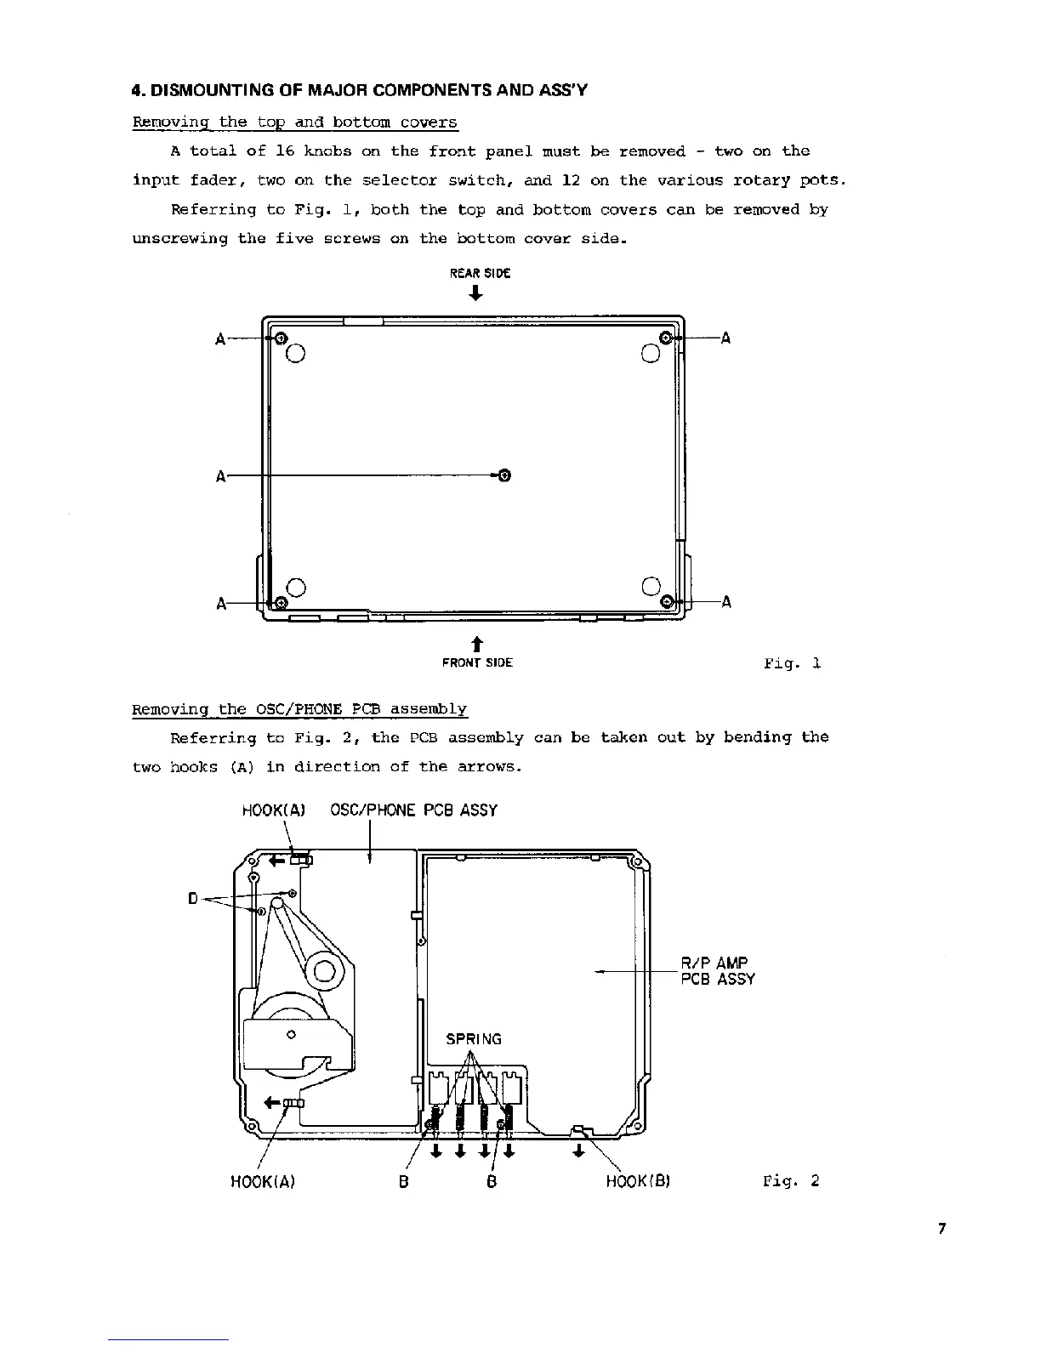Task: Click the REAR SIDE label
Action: point(480,273)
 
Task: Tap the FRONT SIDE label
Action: point(477,662)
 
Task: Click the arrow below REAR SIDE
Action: point(476,293)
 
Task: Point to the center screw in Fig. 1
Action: point(503,475)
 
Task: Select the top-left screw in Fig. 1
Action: point(282,338)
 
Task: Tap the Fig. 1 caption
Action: point(791,662)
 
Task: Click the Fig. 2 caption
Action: point(791,1180)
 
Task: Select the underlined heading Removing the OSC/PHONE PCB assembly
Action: point(299,709)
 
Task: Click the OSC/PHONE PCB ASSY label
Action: point(413,810)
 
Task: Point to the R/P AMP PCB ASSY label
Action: point(718,971)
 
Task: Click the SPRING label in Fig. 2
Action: point(474,1038)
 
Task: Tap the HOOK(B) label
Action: point(639,1181)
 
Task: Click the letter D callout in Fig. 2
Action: point(193,898)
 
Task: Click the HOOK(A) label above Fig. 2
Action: point(274,810)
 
